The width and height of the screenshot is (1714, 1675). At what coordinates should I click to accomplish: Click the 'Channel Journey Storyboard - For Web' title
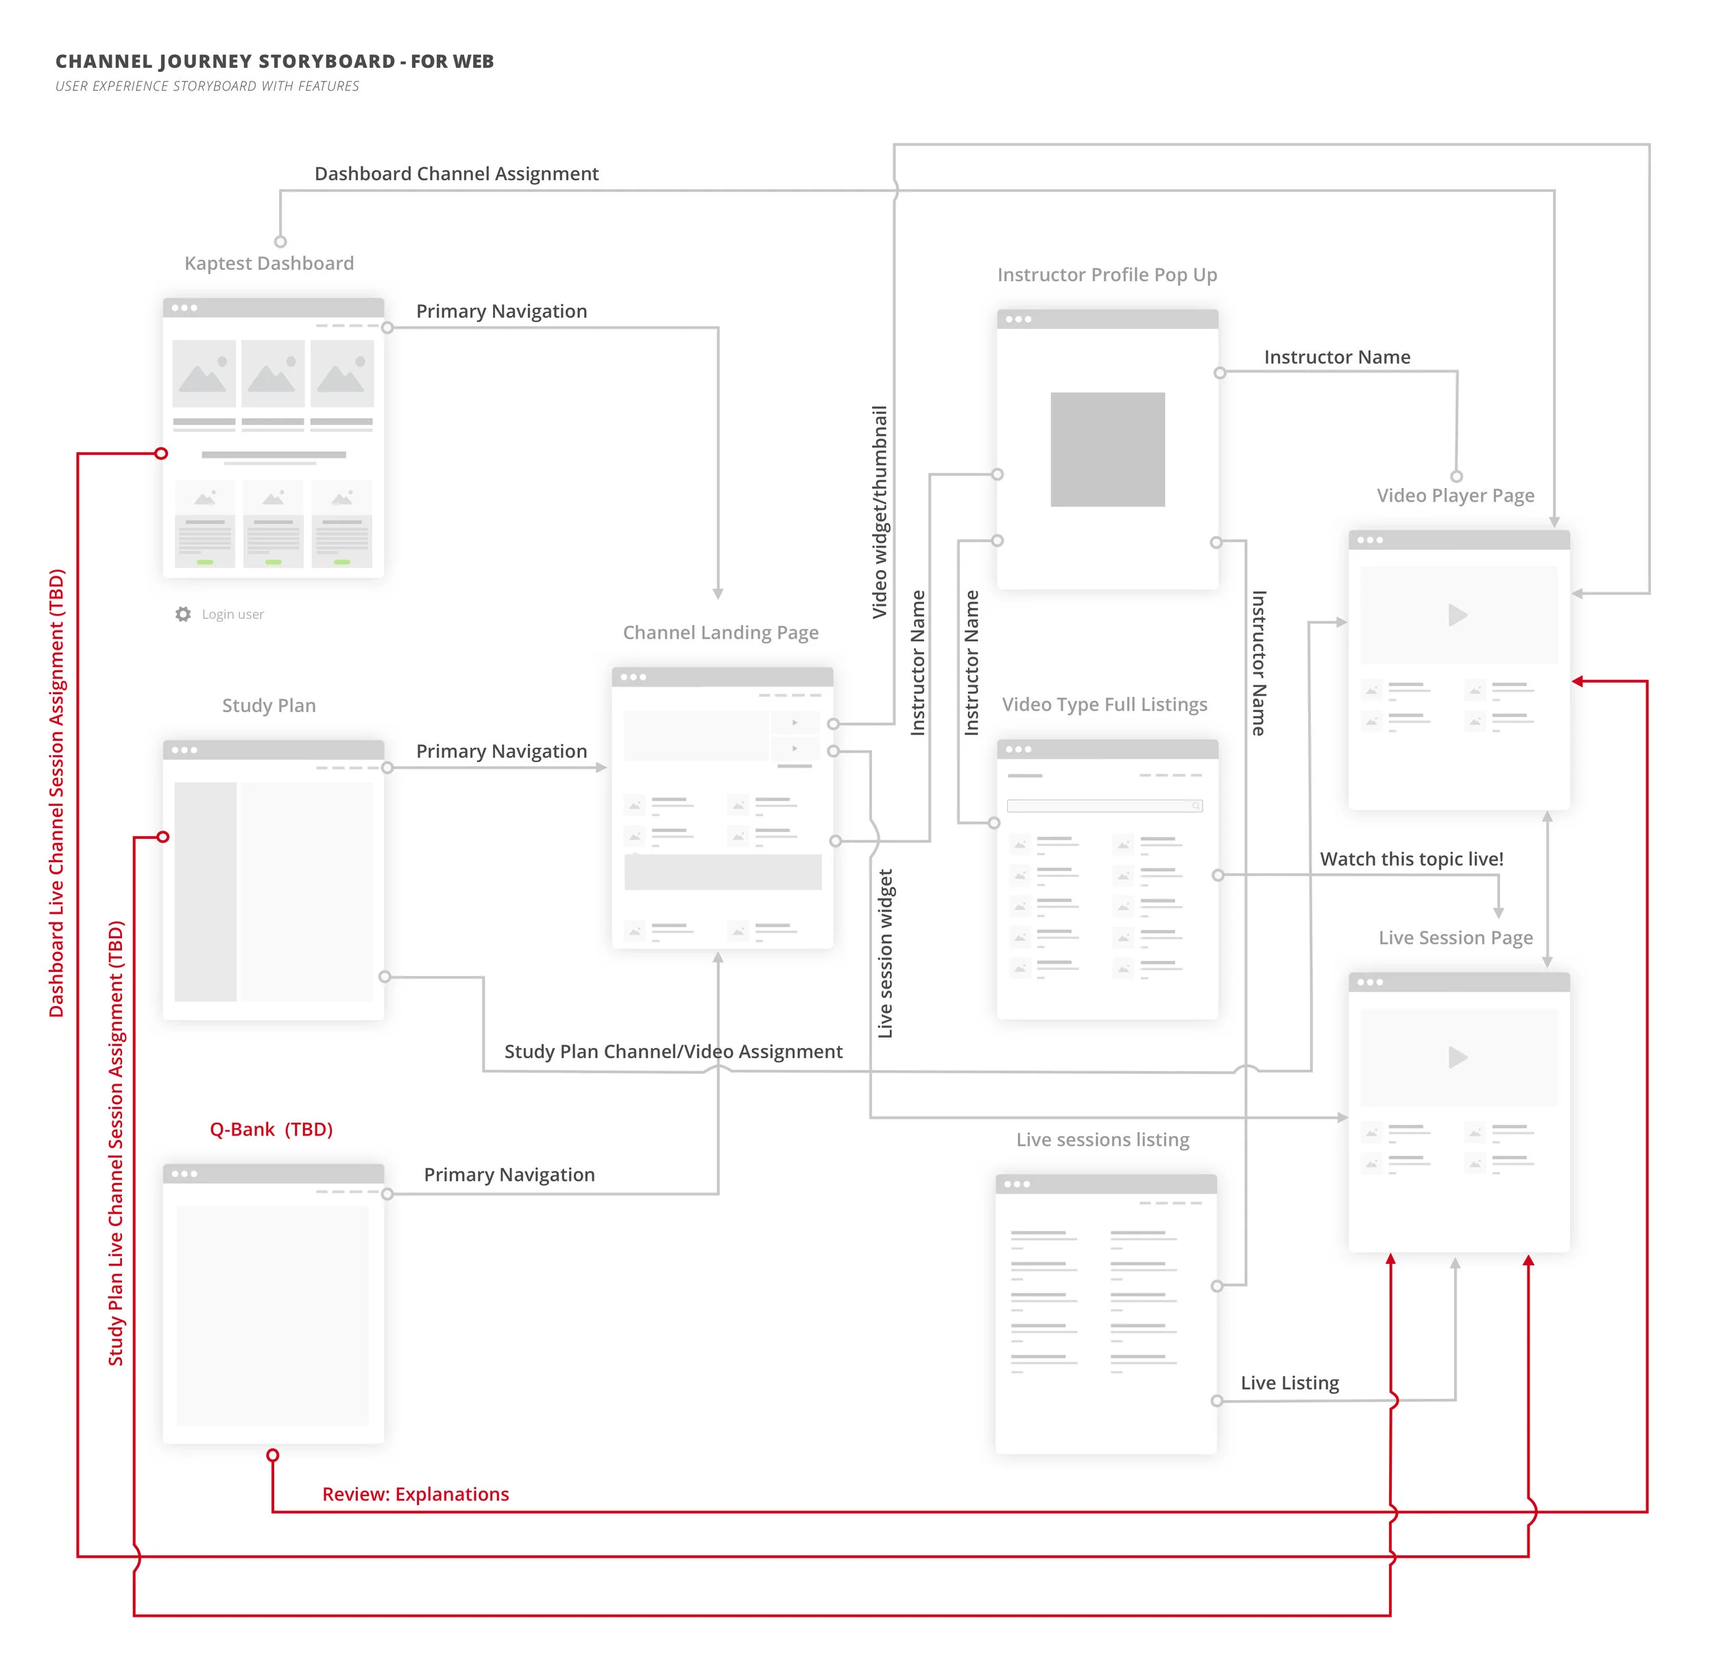click(x=274, y=62)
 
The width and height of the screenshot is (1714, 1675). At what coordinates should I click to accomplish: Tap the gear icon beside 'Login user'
click(x=183, y=614)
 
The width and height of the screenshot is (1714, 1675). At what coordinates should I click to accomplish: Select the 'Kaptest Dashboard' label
click(x=269, y=264)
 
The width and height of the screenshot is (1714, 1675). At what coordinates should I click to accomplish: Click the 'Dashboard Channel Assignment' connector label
click(x=457, y=174)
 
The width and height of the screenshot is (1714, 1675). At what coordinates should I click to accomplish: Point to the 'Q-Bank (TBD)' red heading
click(x=271, y=1129)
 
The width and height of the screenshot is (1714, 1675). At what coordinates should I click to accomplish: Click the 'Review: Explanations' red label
click(x=415, y=1494)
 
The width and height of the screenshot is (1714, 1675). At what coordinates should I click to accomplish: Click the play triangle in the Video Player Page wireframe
click(x=1458, y=615)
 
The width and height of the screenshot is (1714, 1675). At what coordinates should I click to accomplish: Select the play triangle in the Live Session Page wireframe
click(x=1458, y=1057)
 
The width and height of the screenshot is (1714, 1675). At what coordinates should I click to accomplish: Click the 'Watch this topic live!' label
click(x=1412, y=859)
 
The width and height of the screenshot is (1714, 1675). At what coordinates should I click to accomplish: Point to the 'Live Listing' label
click(x=1290, y=1383)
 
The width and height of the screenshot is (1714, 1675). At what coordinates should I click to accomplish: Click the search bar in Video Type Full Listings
click(x=1105, y=806)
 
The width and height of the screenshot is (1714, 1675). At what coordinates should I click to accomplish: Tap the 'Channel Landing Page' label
click(x=721, y=633)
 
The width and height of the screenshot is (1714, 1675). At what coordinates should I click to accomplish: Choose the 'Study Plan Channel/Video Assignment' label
click(x=673, y=1052)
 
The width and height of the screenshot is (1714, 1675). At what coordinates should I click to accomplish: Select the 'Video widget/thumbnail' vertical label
click(x=879, y=512)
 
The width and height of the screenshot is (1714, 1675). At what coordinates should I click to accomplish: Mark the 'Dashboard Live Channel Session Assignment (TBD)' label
click(x=56, y=794)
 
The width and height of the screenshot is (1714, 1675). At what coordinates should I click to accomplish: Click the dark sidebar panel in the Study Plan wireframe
click(x=205, y=891)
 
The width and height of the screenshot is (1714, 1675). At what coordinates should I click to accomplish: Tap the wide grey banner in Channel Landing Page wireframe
click(x=723, y=872)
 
